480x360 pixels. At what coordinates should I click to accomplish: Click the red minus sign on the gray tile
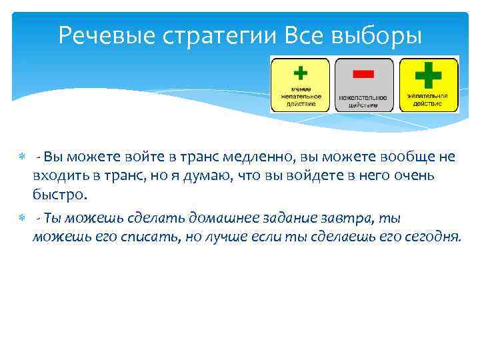pyautogui.click(x=364, y=73)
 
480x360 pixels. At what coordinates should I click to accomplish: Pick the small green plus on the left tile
pyautogui.click(x=300, y=72)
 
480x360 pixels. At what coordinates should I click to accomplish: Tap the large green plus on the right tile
pyautogui.click(x=428, y=74)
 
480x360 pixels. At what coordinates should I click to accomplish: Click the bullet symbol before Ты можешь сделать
pyautogui.click(x=21, y=218)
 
